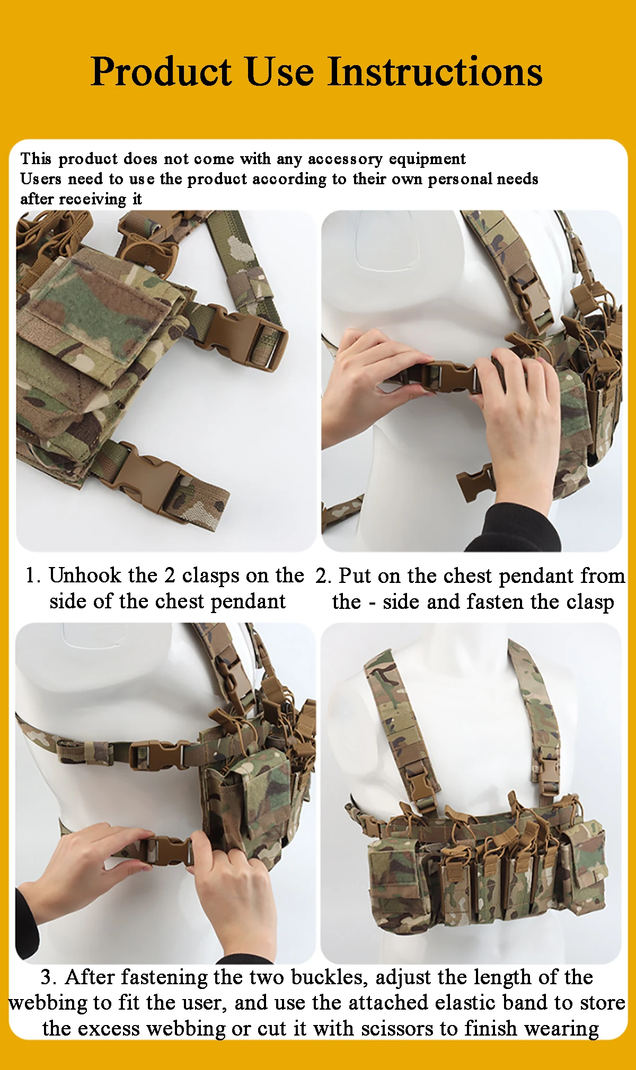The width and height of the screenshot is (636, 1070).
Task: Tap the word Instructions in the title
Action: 435,71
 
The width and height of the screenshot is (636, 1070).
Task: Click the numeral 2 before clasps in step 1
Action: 170,576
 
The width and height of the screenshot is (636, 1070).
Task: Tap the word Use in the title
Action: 280,71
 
